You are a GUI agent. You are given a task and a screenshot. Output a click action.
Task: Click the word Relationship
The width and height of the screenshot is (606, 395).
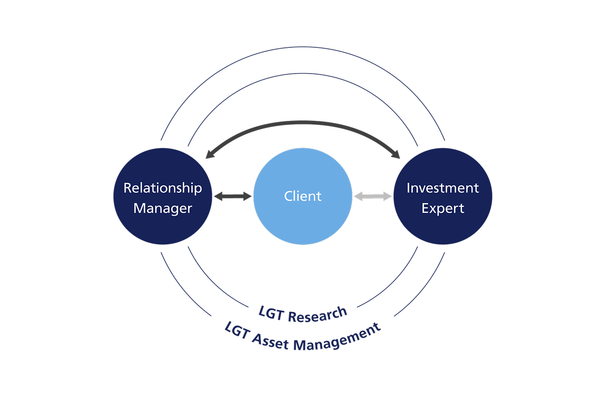pyautogui.click(x=162, y=188)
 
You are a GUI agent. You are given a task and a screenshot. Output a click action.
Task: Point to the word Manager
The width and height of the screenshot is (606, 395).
pyautogui.click(x=162, y=208)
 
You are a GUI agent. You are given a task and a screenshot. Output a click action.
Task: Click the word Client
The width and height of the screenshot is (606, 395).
pyautogui.click(x=303, y=196)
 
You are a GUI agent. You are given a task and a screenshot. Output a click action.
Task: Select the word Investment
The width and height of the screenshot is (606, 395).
pyautogui.click(x=443, y=188)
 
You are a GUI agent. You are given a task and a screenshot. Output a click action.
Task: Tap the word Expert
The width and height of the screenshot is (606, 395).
pyautogui.click(x=443, y=208)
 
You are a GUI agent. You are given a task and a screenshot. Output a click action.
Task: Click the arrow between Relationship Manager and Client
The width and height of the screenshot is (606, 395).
pyautogui.click(x=232, y=196)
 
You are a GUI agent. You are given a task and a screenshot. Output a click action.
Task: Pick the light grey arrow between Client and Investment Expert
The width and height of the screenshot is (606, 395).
pyautogui.click(x=373, y=196)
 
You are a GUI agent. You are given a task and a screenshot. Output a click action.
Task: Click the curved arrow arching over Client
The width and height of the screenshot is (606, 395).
pyautogui.click(x=303, y=123)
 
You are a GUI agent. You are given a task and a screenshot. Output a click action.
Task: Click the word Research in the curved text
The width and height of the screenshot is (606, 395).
pyautogui.click(x=317, y=314)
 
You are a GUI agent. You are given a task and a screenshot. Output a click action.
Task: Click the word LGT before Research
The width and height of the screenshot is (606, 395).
pyautogui.click(x=272, y=312)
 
